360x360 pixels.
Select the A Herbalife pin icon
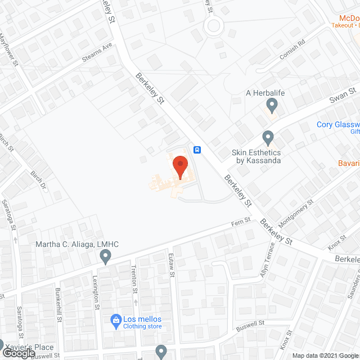point(272,105)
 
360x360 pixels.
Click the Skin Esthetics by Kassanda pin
point(268,137)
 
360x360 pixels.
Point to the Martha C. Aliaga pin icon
point(105,257)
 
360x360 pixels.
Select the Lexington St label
point(97,296)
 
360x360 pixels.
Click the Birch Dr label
point(40,181)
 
